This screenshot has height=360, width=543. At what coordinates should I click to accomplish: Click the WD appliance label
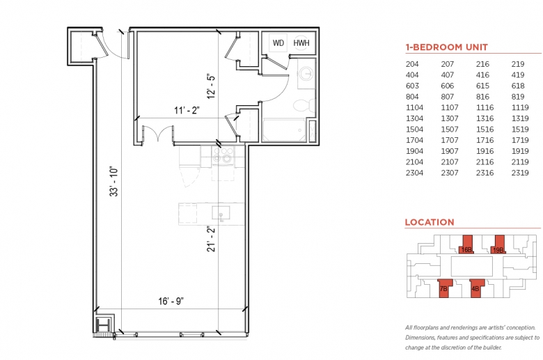[x=278, y=43]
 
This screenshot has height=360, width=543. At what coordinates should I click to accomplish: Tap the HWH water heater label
[x=301, y=43]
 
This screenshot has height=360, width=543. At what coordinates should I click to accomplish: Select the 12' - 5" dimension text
[x=211, y=86]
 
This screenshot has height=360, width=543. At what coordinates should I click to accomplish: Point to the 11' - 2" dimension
[x=187, y=110]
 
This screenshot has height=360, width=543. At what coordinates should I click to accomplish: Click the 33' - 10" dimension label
[x=114, y=182]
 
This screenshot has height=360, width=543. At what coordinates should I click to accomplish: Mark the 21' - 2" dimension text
[x=211, y=239]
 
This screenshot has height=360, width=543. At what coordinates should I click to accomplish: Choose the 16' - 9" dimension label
[x=171, y=301]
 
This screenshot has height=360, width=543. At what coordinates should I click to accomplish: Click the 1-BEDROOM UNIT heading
[x=447, y=47]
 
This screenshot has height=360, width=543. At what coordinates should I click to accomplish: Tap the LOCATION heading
[x=430, y=222]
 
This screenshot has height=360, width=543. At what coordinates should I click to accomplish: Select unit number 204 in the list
[x=412, y=64]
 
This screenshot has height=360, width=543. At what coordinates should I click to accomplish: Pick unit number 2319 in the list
[x=520, y=173]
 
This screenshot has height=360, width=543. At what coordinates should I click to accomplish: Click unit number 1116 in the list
[x=485, y=107]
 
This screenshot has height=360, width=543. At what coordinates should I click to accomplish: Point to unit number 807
[x=448, y=97]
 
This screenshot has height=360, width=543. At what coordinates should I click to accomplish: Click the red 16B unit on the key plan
[x=467, y=245]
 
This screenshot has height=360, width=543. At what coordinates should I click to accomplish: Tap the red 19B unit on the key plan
[x=498, y=245]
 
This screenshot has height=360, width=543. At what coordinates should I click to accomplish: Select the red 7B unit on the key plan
[x=443, y=288]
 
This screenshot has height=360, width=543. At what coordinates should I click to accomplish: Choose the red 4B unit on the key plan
[x=475, y=288]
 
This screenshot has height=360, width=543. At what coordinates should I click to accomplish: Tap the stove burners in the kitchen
[x=222, y=155]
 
